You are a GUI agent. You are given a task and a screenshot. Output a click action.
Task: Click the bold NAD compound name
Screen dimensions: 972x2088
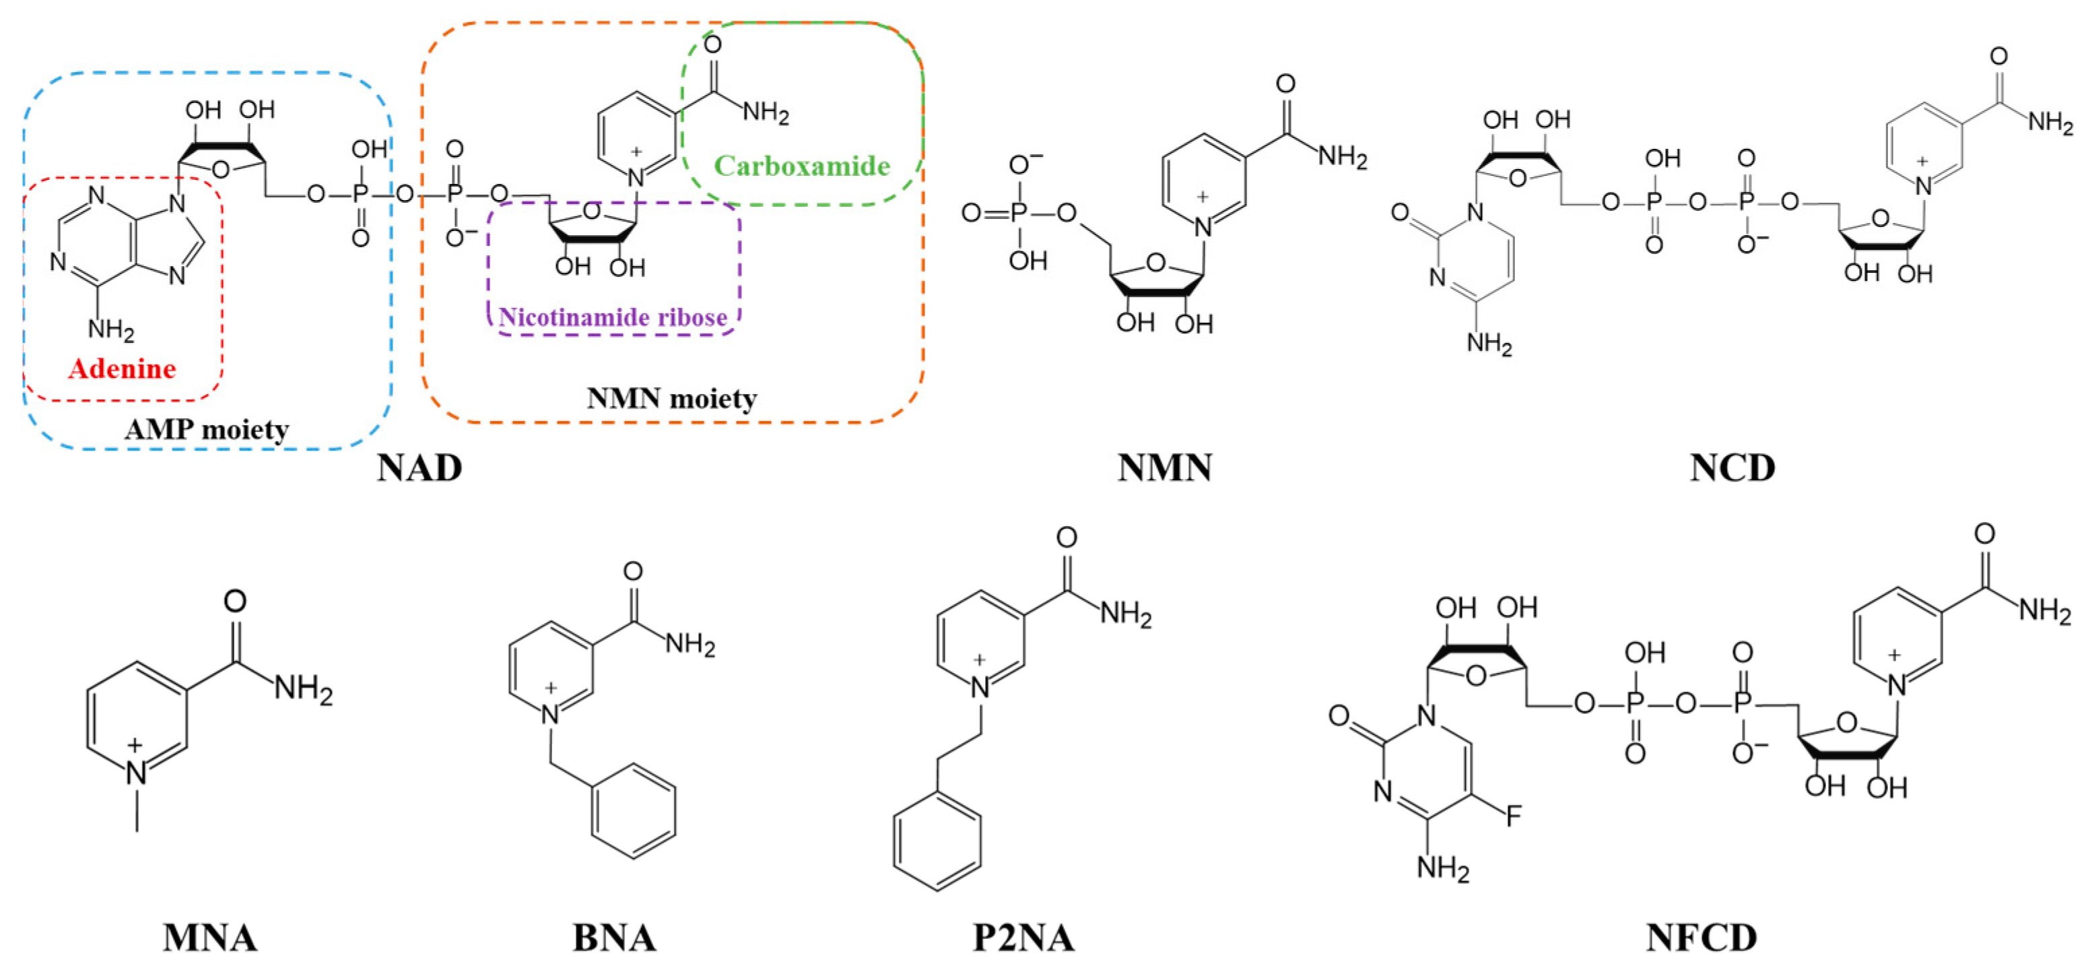pos(419,467)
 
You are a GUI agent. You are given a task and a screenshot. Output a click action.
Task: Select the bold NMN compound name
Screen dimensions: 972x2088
pos(1165,467)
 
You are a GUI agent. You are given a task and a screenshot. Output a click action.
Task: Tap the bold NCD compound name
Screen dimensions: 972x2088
pos(1732,467)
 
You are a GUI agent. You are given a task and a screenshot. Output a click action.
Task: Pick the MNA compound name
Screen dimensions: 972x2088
pos(210,938)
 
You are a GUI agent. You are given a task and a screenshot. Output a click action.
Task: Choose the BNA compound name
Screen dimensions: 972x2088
pos(614,938)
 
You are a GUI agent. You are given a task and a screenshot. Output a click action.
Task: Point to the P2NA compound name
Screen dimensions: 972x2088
pos(1023,938)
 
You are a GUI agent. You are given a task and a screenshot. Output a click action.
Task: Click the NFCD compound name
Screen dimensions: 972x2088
pos(1702,938)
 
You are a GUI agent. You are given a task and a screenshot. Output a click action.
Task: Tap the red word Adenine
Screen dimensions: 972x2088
pos(123,369)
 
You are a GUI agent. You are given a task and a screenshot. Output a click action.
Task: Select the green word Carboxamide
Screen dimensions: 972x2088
pos(802,166)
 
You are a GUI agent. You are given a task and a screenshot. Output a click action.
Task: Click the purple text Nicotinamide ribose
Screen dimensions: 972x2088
pos(613,317)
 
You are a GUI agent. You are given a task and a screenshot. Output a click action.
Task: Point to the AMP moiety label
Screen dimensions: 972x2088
pos(207,429)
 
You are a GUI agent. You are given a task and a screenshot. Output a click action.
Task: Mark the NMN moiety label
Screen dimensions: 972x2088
pos(671,398)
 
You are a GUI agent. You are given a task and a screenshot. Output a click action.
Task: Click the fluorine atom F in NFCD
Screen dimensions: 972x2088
pos(1514,816)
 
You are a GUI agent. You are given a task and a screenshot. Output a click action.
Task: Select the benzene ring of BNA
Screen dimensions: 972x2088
pos(633,811)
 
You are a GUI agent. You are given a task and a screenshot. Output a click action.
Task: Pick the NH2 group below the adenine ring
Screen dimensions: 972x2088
pos(111,329)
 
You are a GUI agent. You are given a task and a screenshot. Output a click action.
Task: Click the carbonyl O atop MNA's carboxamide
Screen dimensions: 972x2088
pos(235,601)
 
